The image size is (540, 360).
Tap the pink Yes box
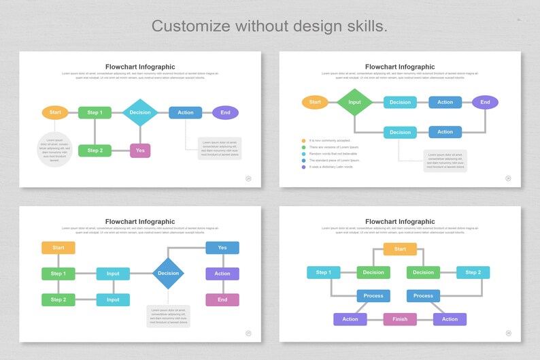click(x=140, y=150)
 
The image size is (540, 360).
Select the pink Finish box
click(x=400, y=319)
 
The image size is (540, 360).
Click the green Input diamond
click(x=354, y=102)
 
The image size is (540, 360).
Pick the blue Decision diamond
click(x=168, y=274)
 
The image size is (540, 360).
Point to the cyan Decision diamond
click(x=140, y=112)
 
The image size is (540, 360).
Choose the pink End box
click(x=222, y=299)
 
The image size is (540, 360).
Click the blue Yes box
click(x=222, y=248)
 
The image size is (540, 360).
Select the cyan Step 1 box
click(x=323, y=272)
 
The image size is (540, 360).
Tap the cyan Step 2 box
click(x=473, y=272)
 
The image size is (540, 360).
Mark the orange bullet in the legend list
click(x=304, y=141)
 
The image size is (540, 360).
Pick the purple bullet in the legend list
click(x=304, y=167)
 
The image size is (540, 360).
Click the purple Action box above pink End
click(x=222, y=274)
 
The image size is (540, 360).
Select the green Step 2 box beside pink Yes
click(x=95, y=150)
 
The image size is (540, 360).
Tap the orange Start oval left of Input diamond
click(x=315, y=102)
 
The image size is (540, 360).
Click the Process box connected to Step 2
click(x=423, y=296)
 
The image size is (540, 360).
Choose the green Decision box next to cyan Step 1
click(x=373, y=272)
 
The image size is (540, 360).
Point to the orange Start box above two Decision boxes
click(x=400, y=249)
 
